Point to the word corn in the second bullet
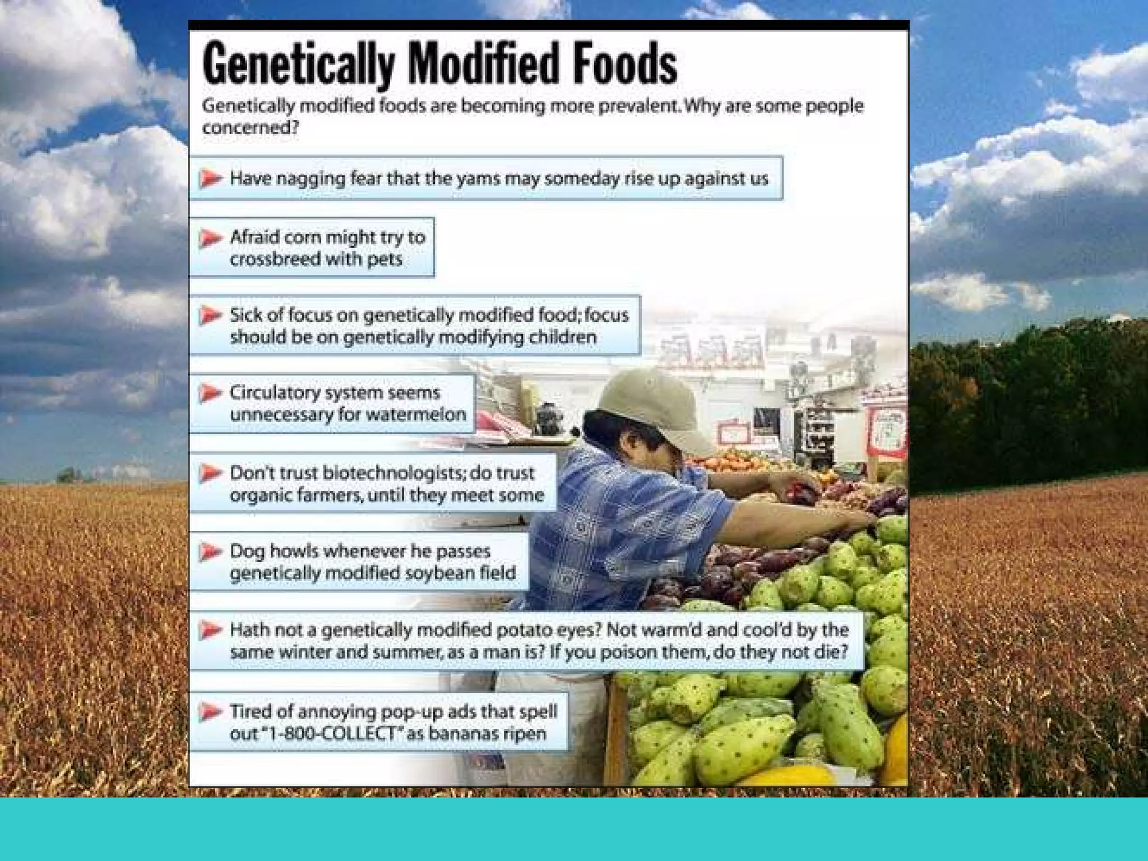[303, 237]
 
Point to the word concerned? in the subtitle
[250, 128]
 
